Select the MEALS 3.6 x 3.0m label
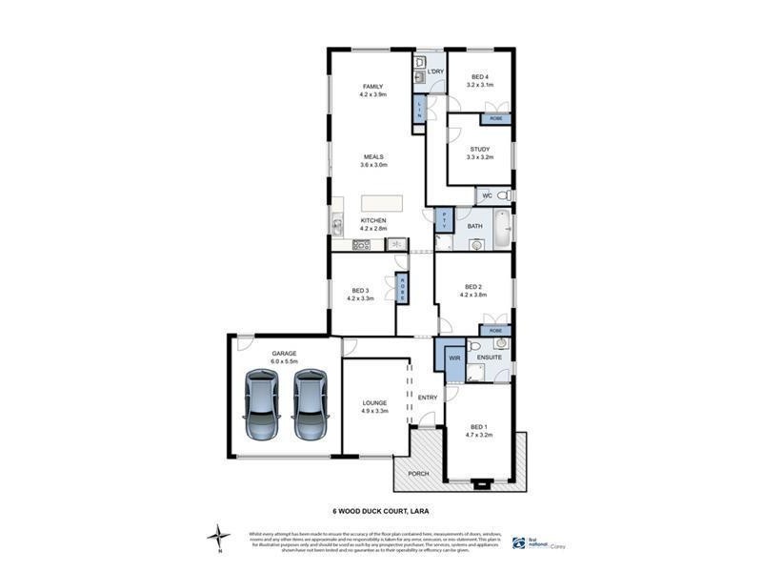372,161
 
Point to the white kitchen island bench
382,203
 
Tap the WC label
487,195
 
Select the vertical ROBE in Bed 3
403,288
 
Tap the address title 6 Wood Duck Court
380,510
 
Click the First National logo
533,541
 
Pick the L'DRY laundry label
436,71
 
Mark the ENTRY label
427,397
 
